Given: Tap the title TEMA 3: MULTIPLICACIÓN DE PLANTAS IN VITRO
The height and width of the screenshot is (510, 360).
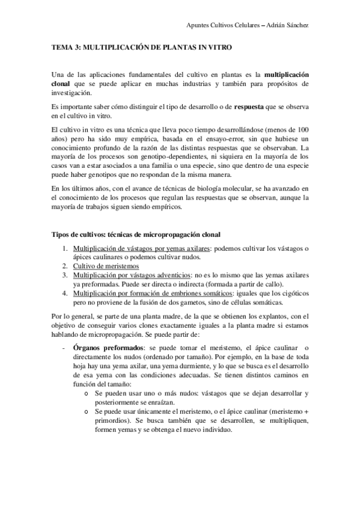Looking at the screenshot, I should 142,46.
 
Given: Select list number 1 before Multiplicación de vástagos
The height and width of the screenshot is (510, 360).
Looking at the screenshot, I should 65,248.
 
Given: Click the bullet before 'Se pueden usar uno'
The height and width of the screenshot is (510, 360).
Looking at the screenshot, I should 87,393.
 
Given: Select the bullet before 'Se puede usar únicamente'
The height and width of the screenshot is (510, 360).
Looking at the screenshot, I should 87,411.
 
